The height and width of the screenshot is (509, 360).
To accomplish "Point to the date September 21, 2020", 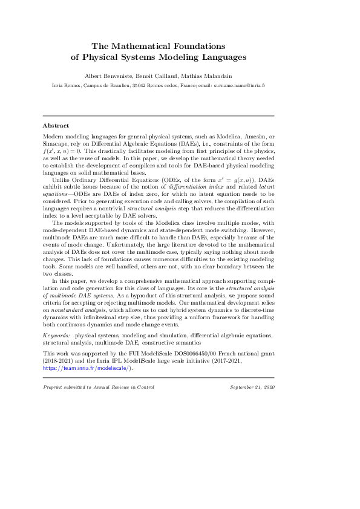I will click(x=252, y=386).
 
